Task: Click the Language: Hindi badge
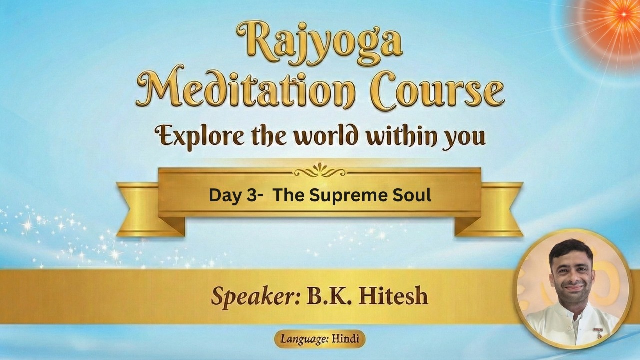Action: (319, 339)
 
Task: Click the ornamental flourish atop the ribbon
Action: (319, 171)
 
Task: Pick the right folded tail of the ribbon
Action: (492, 210)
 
